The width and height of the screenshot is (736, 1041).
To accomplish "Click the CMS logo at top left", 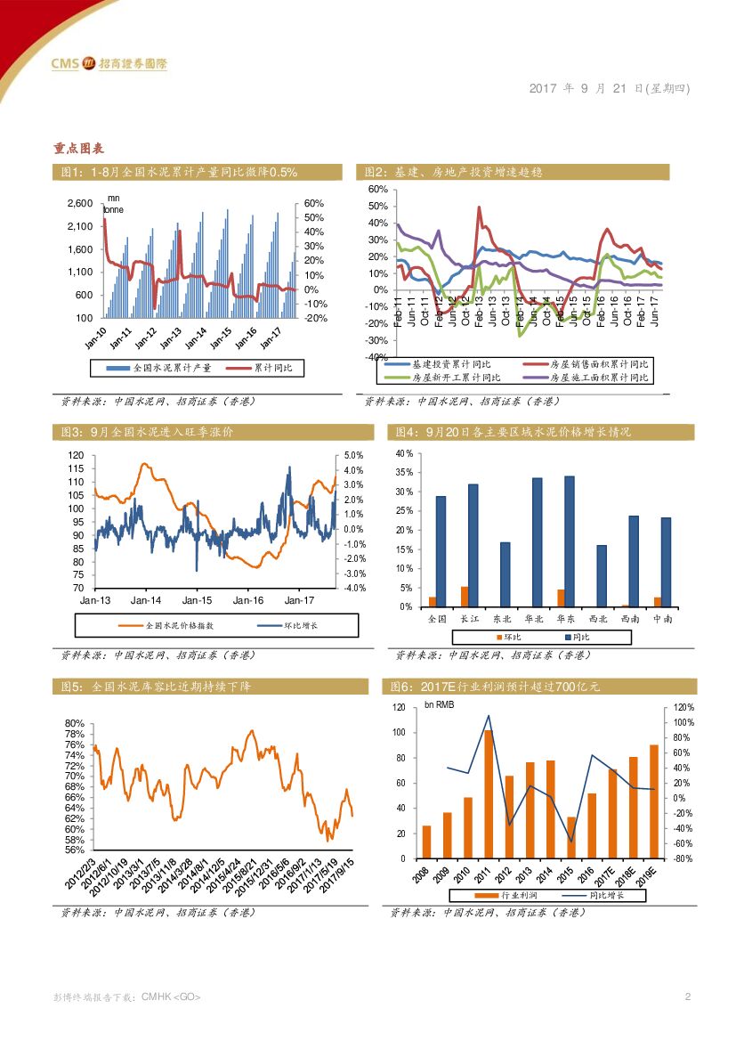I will (108, 63).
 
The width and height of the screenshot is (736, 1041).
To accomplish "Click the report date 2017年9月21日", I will (610, 88).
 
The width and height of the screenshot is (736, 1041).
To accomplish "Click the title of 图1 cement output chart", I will (179, 172).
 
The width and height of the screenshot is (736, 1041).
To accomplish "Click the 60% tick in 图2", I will (376, 190).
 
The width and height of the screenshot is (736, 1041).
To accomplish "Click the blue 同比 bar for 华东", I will (570, 541).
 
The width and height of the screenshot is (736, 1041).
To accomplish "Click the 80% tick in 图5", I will (75, 723).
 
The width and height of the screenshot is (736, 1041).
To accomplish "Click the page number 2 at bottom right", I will (687, 996).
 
